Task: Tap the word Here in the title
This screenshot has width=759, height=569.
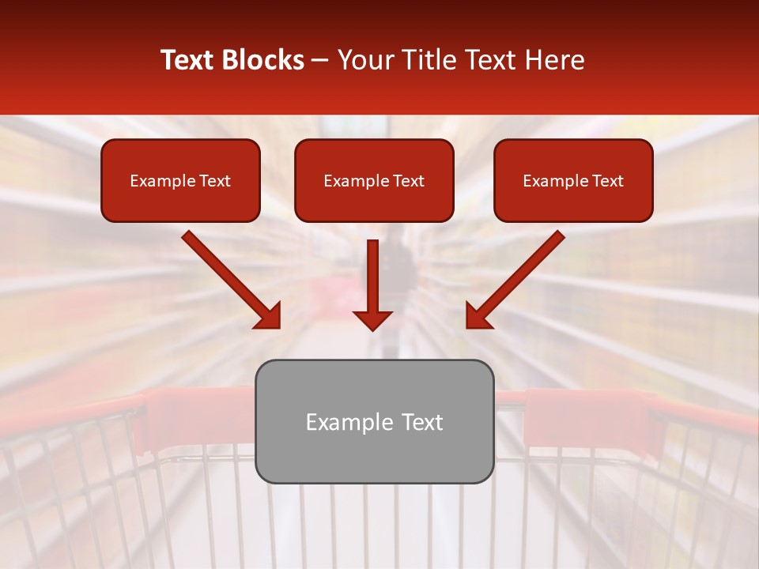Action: point(552,60)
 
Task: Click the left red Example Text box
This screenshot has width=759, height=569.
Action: point(180,181)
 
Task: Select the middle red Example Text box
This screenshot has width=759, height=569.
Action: point(374,181)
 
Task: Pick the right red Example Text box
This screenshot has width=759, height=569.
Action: point(573,181)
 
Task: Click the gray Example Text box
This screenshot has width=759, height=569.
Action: point(375,421)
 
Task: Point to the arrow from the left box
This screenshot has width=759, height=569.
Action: point(229,277)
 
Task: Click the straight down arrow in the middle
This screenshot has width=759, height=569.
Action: point(372,281)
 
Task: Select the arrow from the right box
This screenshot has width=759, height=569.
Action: point(517,277)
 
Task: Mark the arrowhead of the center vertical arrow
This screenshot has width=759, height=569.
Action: point(372,319)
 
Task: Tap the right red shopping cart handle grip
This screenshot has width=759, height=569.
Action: point(585,415)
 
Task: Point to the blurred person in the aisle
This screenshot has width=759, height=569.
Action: point(402,269)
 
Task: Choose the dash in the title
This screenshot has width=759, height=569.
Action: point(320,60)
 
